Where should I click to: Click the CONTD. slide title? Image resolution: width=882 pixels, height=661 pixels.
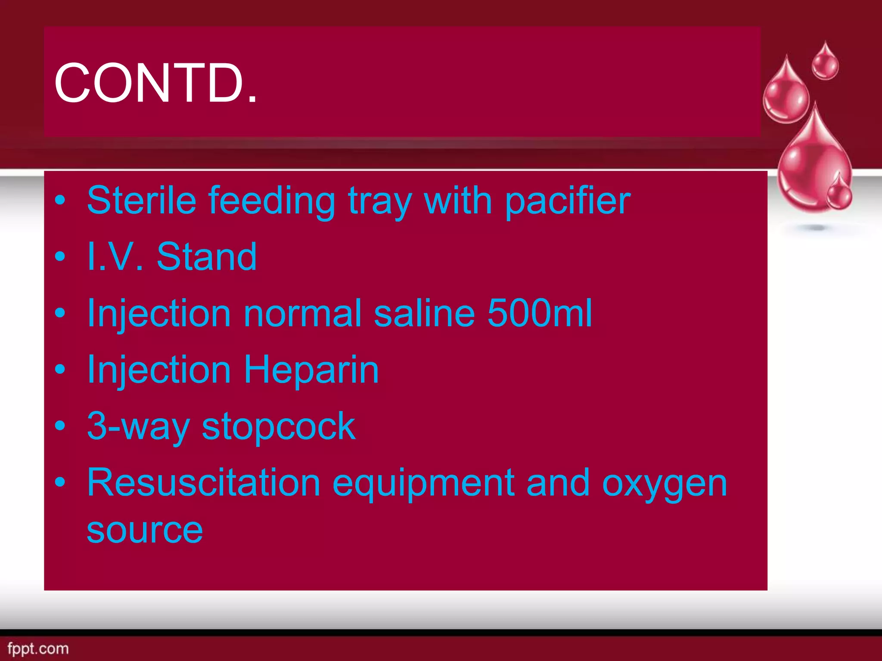tap(155, 83)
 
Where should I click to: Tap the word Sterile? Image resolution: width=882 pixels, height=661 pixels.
tap(142, 200)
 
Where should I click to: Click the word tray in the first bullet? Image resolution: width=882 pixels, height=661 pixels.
tap(380, 201)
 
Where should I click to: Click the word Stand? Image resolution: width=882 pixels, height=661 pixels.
tap(207, 257)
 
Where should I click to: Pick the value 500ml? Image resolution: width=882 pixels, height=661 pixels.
tap(540, 313)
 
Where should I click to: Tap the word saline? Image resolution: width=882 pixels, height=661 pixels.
tap(425, 313)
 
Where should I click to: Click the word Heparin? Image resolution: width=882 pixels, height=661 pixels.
tap(311, 370)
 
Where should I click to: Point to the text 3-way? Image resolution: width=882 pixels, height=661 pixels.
tap(138, 426)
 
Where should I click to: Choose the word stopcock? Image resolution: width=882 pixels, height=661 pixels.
tap(279, 426)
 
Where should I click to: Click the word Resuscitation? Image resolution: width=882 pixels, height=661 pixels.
tap(204, 483)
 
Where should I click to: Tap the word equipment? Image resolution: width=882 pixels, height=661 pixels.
tap(423, 483)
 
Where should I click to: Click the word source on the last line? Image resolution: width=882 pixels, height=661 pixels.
tap(145, 530)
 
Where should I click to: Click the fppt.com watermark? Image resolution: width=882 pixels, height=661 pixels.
tap(38, 648)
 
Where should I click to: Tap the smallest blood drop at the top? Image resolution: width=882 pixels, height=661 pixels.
tap(825, 62)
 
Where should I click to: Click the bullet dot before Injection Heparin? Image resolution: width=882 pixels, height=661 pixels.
tap(60, 370)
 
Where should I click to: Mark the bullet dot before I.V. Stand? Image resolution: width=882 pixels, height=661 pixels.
tap(60, 257)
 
